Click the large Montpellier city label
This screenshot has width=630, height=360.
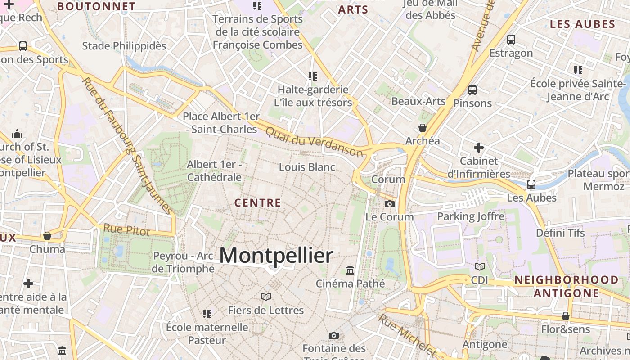tap(276, 256)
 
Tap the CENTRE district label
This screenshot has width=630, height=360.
tap(258, 203)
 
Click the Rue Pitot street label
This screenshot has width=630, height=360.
tap(126, 229)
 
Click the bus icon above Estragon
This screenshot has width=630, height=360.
tap(511, 40)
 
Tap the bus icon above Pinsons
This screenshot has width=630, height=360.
tap(472, 90)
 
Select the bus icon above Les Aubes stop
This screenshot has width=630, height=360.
tap(531, 184)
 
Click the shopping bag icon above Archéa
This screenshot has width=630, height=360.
tap(423, 128)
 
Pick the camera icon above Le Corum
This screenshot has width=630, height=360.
tap(390, 204)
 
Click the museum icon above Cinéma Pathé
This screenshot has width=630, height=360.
tap(350, 270)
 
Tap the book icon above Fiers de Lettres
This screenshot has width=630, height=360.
tap(266, 297)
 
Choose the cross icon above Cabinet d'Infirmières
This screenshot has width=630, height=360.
tap(479, 147)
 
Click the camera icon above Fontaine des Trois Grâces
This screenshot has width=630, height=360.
tap(333, 335)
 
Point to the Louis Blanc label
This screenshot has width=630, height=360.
tap(307, 167)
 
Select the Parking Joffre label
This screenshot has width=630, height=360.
tap(471, 216)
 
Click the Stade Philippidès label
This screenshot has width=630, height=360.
tap(124, 46)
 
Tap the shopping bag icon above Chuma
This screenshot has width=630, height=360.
tap(47, 236)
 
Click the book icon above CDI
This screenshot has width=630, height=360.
tap(480, 266)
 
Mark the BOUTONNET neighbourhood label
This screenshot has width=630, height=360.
tap(97, 6)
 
